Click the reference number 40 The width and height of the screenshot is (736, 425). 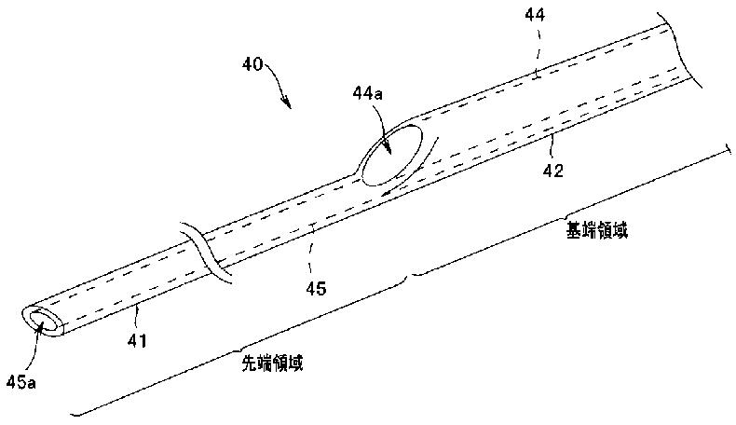coord(249,65)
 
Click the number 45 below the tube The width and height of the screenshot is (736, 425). coord(317,289)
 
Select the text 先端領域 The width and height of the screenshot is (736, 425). coord(271,364)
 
